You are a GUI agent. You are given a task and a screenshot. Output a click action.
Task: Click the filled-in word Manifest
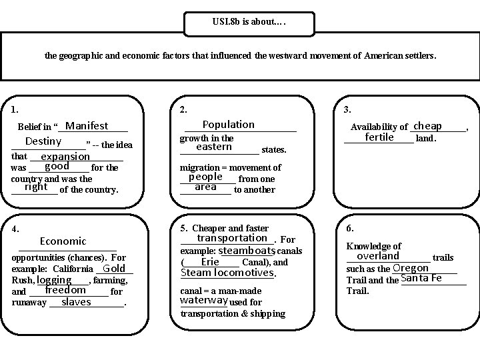point(87,126)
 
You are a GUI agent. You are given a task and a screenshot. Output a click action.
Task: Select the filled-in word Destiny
point(43,141)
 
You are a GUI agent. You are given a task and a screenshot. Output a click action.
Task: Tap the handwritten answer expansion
point(65,157)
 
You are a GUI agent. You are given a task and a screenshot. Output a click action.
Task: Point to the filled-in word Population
point(228,125)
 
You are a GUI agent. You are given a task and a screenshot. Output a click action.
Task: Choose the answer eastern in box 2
point(214,147)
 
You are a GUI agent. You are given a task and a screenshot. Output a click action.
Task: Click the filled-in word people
point(205,177)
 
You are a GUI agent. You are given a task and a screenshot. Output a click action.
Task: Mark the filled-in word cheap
point(427,126)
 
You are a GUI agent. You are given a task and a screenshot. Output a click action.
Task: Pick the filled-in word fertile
point(379,137)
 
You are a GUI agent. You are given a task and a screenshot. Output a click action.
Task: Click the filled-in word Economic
point(63,241)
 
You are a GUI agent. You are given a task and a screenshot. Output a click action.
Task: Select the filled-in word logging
point(55,280)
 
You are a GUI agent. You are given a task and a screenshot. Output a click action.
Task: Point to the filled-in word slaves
point(76,302)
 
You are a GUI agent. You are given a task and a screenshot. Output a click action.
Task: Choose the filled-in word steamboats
point(247,251)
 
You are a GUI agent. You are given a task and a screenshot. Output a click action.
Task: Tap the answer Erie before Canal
point(210,262)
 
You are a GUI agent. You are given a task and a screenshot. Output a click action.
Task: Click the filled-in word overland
point(378,256)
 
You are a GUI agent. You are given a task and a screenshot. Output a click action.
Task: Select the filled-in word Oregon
point(411,268)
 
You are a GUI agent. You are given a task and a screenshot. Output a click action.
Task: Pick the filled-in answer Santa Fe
point(421,279)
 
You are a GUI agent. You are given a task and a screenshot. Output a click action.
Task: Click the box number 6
point(351,228)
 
